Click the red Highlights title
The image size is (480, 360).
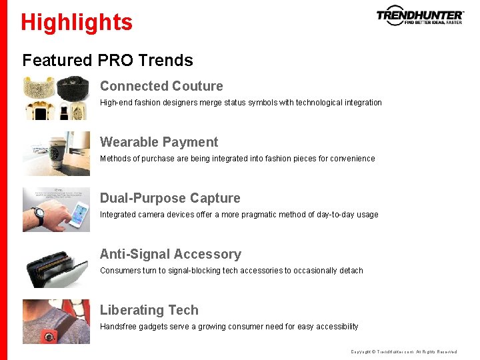(x=77, y=22)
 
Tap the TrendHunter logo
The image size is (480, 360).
(x=419, y=16)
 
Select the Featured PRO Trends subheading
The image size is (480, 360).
(x=107, y=60)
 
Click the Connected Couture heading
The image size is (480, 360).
(x=161, y=86)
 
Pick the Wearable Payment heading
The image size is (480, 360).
(x=159, y=142)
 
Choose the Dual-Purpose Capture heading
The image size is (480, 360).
(x=170, y=198)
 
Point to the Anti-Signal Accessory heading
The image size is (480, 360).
(x=170, y=254)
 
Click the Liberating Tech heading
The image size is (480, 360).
(x=149, y=310)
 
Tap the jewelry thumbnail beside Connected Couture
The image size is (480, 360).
(x=56, y=98)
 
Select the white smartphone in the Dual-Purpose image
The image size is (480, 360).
(x=79, y=210)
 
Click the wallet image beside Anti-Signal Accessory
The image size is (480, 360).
(x=56, y=269)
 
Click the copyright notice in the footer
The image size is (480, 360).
(x=403, y=352)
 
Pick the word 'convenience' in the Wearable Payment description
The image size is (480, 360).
(x=351, y=159)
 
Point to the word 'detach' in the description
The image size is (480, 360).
(x=351, y=271)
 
